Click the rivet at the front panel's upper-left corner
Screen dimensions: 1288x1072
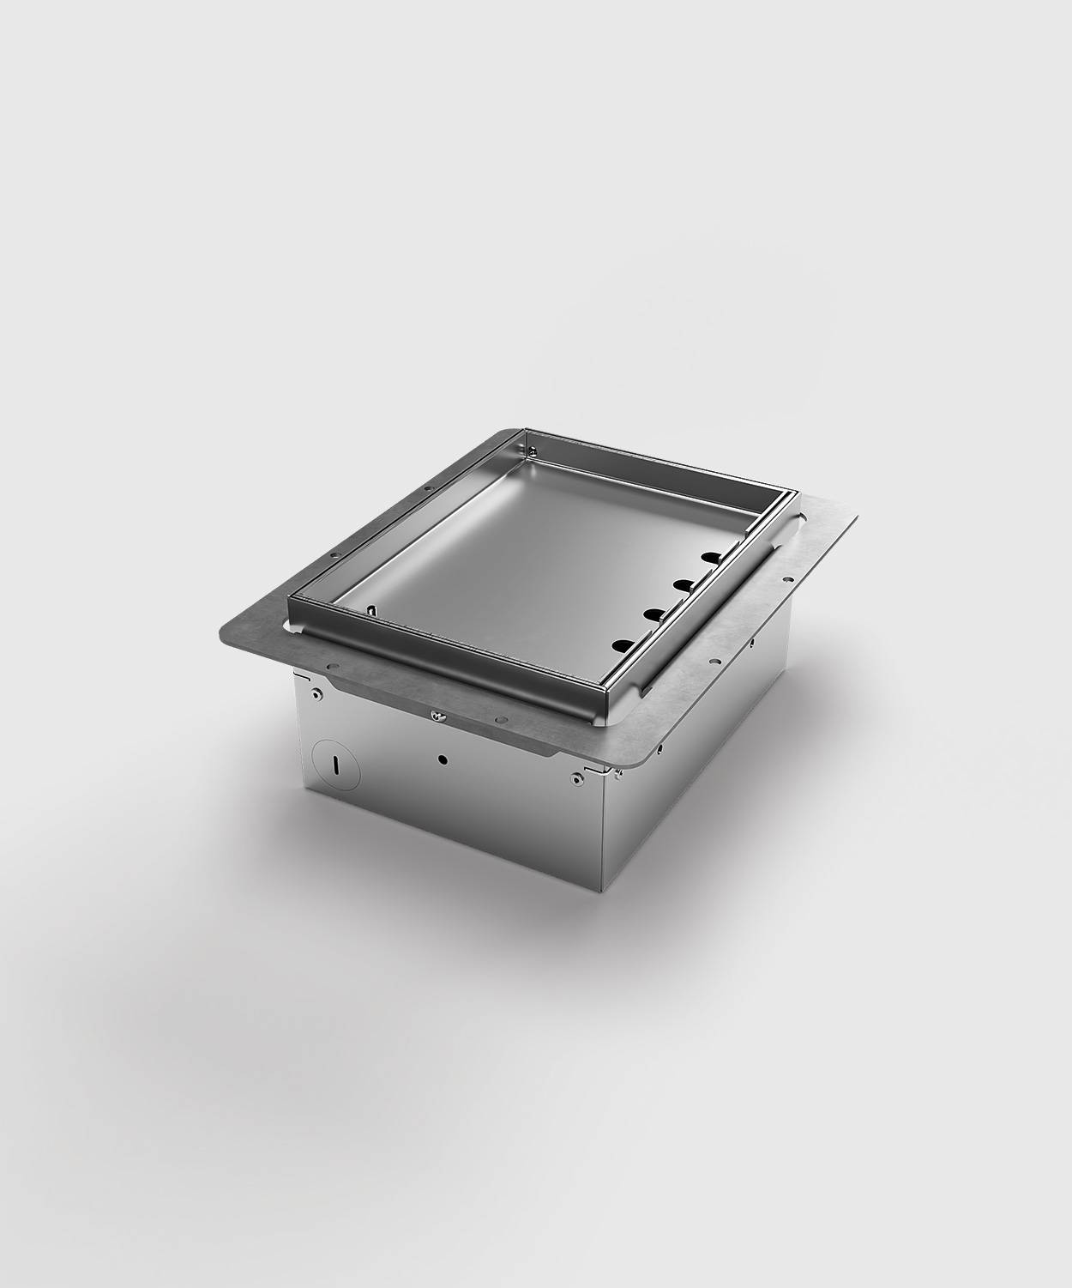[318, 693]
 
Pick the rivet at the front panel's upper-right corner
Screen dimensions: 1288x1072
[575, 778]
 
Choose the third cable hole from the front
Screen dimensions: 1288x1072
[684, 585]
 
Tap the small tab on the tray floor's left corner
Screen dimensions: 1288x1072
[372, 610]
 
